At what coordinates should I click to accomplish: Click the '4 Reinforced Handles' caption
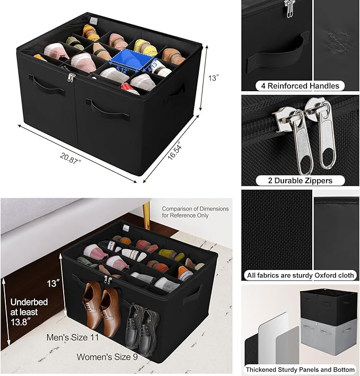[300, 85]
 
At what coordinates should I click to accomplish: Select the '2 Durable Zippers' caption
[300, 180]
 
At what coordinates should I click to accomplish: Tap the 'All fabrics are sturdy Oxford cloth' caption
[300, 275]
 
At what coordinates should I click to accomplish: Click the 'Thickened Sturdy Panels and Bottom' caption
[300, 370]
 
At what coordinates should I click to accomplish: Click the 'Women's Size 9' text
[108, 357]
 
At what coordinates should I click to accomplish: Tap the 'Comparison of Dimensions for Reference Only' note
[195, 212]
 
